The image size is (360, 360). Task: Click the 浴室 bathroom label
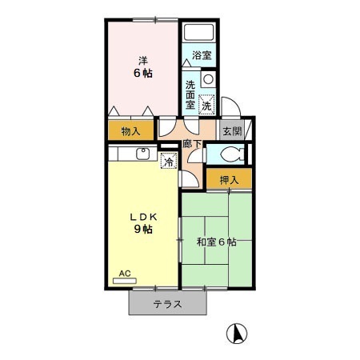(x=201, y=56)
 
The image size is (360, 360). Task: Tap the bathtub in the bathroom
(x=198, y=34)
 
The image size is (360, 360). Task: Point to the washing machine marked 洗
(x=206, y=104)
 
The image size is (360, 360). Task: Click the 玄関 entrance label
(x=231, y=132)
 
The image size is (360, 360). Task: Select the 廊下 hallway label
(x=192, y=144)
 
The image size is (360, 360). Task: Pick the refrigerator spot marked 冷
(x=169, y=161)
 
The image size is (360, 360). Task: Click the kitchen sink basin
(x=143, y=154)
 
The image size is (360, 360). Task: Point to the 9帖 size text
(x=142, y=230)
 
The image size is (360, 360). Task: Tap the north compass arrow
(x=238, y=332)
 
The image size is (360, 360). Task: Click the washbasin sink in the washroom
(x=207, y=79)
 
